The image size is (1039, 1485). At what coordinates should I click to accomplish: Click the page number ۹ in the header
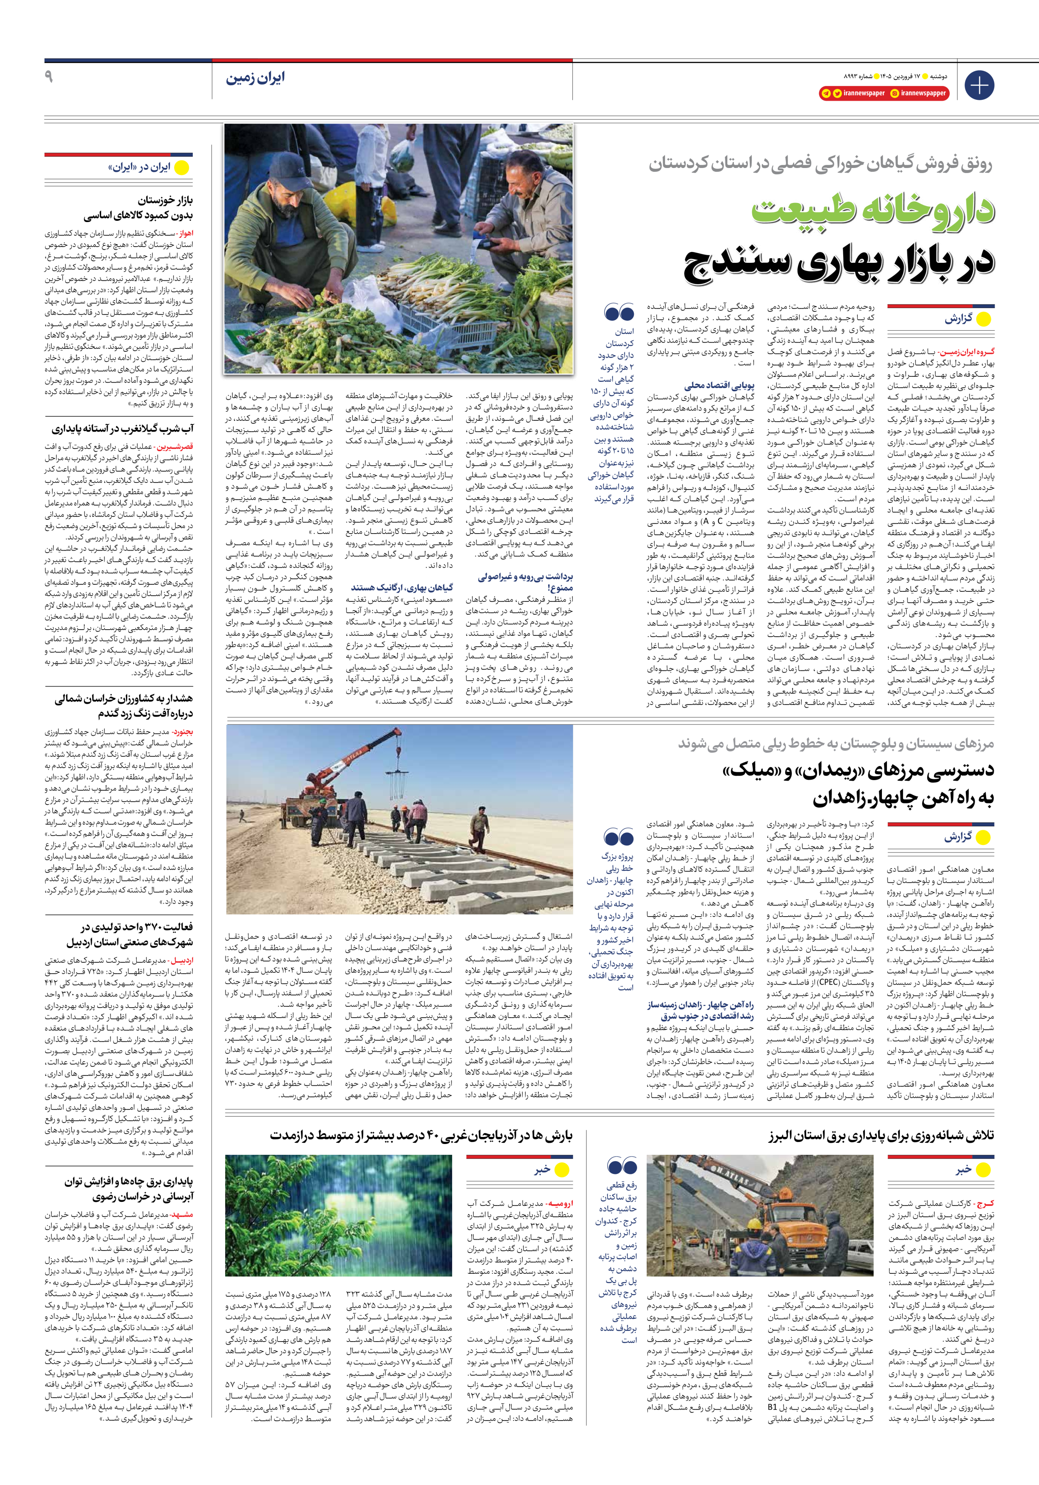[x=49, y=77]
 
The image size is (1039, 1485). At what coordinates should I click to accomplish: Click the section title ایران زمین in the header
[x=255, y=78]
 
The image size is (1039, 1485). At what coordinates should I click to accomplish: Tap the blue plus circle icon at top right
[x=979, y=85]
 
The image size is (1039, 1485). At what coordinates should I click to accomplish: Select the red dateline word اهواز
[x=185, y=233]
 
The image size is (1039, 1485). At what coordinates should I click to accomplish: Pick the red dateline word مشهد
[x=182, y=1215]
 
